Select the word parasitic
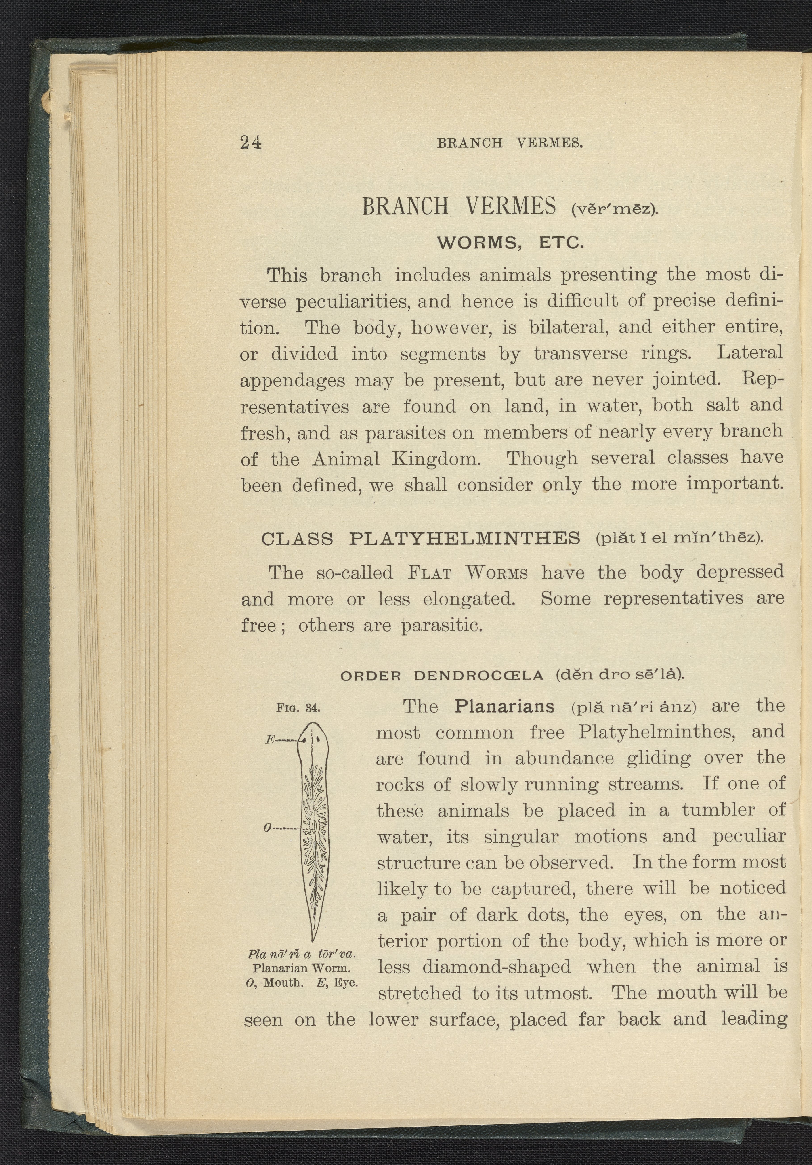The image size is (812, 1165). coord(441,626)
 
